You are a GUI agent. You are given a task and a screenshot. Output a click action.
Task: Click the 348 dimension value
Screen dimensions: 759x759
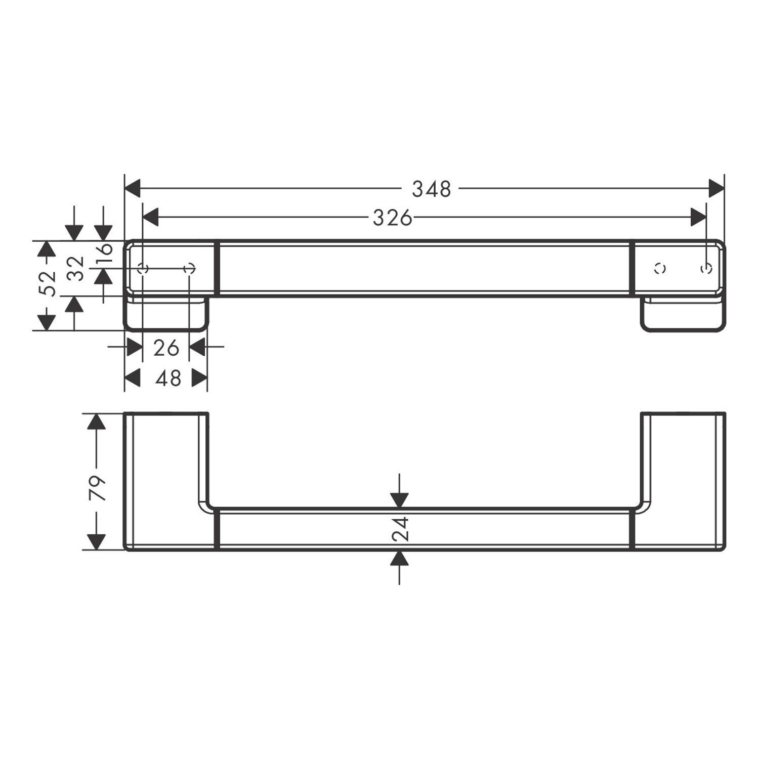[x=431, y=189]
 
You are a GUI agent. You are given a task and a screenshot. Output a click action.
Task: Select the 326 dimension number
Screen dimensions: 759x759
[x=393, y=218]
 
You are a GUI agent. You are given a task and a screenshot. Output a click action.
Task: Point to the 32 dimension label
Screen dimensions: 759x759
[x=75, y=268]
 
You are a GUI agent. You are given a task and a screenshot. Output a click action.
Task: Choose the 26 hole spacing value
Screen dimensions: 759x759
[x=166, y=348]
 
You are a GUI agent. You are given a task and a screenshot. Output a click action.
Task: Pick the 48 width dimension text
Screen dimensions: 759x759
[x=168, y=378]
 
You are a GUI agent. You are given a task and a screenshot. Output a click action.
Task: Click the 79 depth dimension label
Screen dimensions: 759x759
[x=97, y=488]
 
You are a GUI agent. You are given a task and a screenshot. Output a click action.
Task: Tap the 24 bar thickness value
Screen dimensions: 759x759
[x=400, y=529]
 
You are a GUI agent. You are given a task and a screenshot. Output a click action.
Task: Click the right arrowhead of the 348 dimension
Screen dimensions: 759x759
[x=716, y=188]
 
